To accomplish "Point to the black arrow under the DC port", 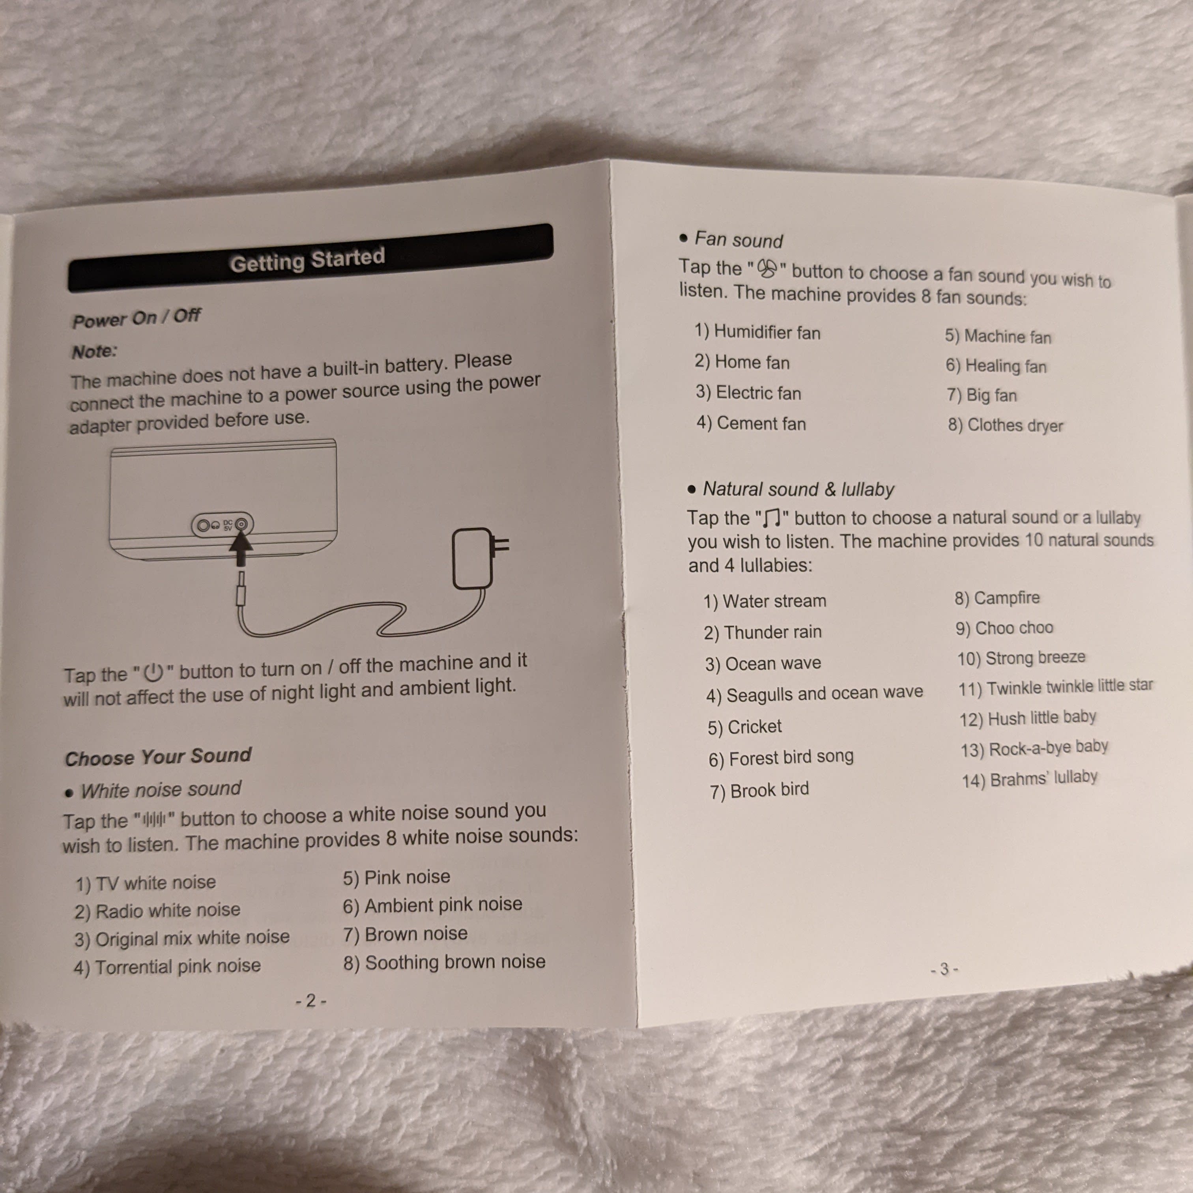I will [x=241, y=548].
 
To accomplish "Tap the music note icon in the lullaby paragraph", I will [x=772, y=518].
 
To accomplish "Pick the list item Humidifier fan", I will [x=758, y=332].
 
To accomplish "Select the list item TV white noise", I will [x=146, y=883].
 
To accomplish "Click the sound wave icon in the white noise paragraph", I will [x=154, y=820].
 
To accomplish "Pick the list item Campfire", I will [x=997, y=598].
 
